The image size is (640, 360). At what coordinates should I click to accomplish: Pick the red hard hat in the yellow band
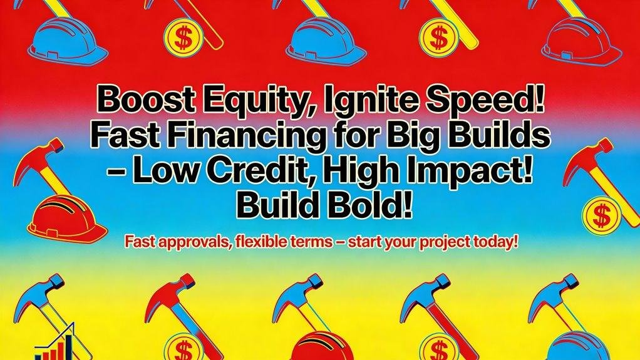click(x=323, y=346)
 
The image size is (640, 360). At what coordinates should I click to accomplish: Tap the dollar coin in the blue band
click(x=601, y=216)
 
